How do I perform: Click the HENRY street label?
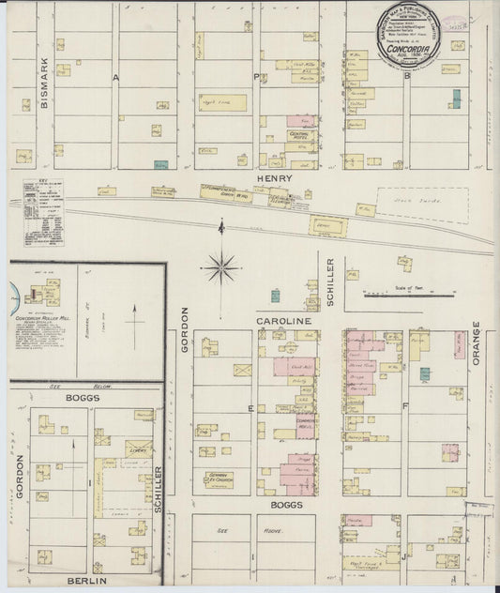pos(279,177)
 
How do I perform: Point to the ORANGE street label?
pos(477,344)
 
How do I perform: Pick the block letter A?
pos(117,78)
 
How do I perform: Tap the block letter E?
pos(250,408)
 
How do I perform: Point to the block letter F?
pos(405,407)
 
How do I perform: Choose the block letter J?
pos(403,555)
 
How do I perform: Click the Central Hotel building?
pos(300,136)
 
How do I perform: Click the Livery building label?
pos(137,450)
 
